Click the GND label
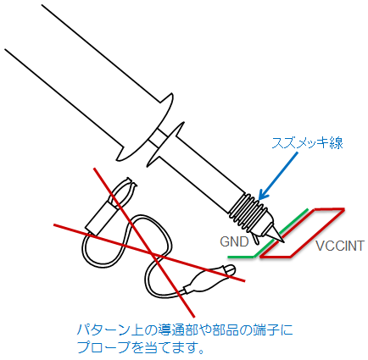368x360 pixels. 234,241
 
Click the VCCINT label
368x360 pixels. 340,246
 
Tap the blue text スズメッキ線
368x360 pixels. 307,143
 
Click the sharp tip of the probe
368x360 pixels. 283,242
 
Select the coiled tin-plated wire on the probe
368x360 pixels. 248,211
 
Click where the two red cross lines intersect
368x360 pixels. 153,254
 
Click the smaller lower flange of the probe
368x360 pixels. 166,145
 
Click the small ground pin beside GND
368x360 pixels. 257,239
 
